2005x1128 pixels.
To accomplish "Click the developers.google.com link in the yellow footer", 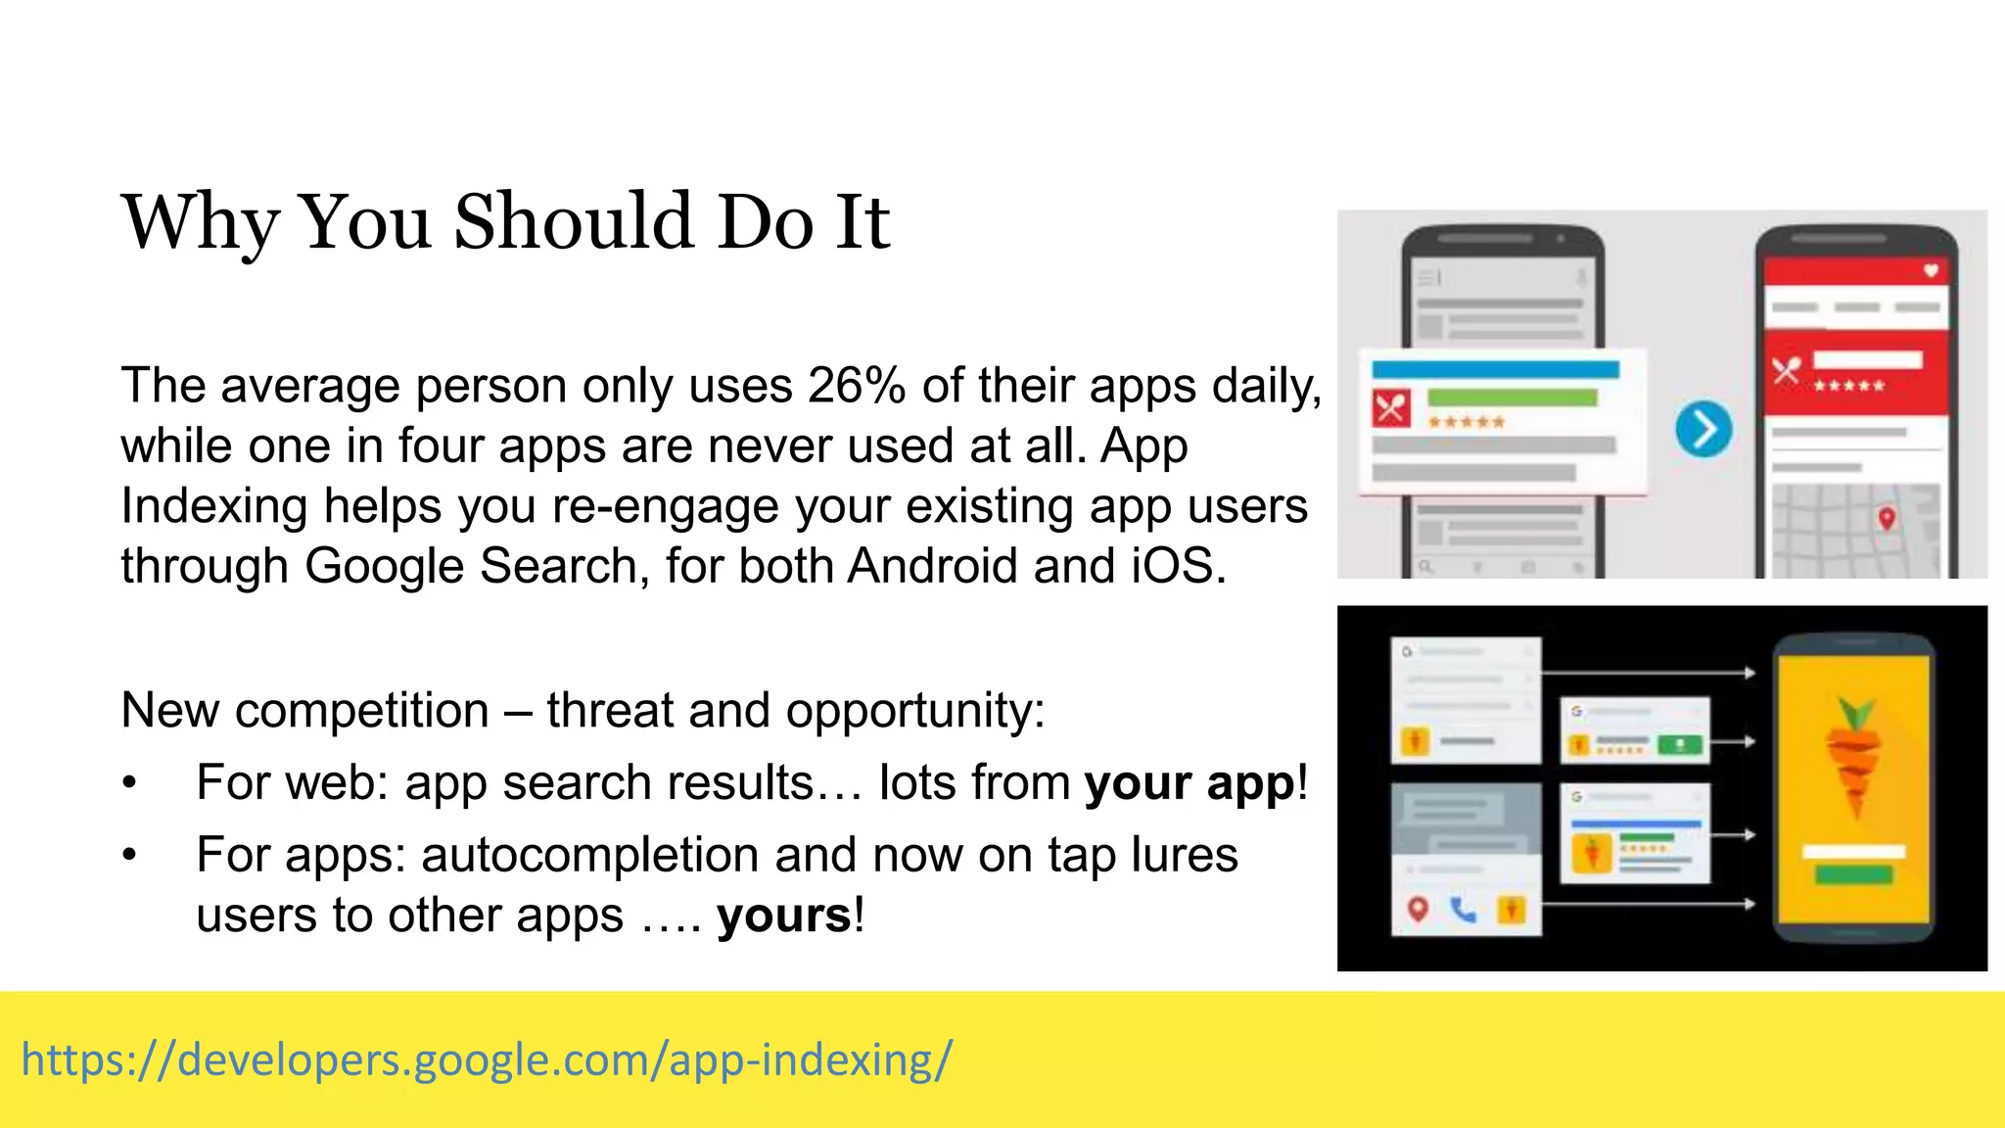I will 487,1060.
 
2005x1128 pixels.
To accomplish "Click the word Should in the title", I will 576,222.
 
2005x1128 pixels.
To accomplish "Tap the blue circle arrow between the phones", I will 1703,429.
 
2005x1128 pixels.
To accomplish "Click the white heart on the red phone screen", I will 1931,270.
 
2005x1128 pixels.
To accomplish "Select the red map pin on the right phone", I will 1887,518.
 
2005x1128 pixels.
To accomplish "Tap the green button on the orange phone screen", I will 1853,874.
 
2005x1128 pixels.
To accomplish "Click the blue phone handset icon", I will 1464,910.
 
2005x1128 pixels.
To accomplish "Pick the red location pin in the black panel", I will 1417,909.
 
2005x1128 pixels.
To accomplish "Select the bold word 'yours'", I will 784,916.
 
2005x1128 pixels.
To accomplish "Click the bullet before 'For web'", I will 129,783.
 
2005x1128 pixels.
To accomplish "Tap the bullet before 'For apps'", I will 129,856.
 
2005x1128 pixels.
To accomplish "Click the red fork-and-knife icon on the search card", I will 1391,407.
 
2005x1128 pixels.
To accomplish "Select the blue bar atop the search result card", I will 1495,370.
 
